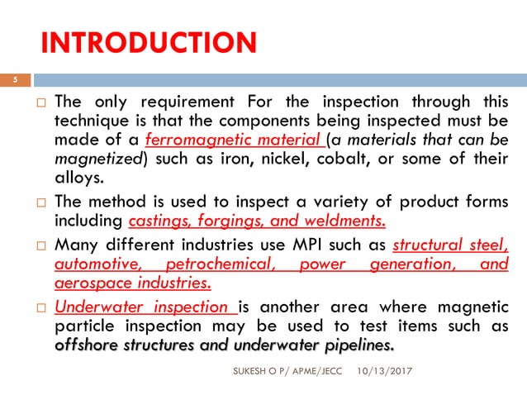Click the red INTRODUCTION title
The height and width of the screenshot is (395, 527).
pyautogui.click(x=148, y=42)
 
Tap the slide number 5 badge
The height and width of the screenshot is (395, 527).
pyautogui.click(x=14, y=80)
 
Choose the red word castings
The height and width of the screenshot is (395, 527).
pyautogui.click(x=160, y=221)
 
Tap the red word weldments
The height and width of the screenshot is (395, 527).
pyautogui.click(x=344, y=221)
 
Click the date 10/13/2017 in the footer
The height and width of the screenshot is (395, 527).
pyautogui.click(x=388, y=374)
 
